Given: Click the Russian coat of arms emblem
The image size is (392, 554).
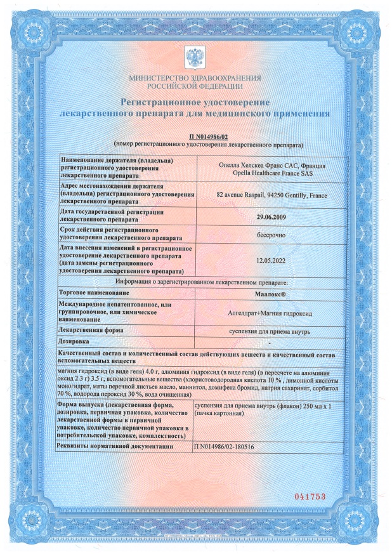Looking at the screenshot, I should click(x=195, y=58).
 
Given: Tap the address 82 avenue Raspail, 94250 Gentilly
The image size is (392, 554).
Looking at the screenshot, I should click(x=270, y=195).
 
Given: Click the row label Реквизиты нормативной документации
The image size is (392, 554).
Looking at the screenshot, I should click(x=115, y=447).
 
